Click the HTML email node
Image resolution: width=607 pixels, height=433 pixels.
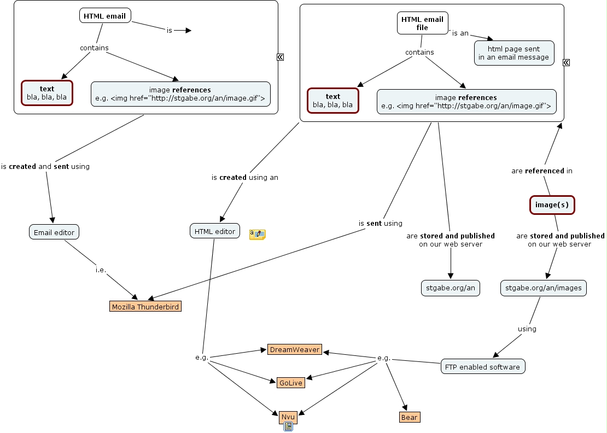click(105, 16)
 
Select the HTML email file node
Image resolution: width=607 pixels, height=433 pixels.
click(422, 23)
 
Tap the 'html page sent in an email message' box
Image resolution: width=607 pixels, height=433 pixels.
click(514, 53)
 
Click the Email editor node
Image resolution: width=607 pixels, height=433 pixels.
click(54, 232)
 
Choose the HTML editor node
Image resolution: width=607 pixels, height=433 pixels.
click(215, 231)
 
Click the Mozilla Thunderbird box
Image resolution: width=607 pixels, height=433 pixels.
click(145, 307)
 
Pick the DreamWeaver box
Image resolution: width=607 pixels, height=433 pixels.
click(294, 350)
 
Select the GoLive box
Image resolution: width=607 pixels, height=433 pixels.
click(290, 383)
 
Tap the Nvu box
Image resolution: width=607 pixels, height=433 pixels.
click(288, 417)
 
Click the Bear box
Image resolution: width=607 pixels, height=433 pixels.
click(409, 418)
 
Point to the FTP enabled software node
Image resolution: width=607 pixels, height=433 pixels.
click(483, 367)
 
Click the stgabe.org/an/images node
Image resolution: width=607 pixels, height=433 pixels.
click(543, 288)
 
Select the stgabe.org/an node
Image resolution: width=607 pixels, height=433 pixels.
click(450, 288)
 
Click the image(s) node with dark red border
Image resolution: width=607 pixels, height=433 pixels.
click(552, 205)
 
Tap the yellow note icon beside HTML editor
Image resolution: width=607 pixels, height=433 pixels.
click(257, 235)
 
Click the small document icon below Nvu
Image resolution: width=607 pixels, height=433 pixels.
click(288, 427)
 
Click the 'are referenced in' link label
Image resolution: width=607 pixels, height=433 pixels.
click(542, 171)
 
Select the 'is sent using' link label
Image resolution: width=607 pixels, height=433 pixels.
click(380, 223)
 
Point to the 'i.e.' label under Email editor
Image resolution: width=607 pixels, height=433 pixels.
click(101, 270)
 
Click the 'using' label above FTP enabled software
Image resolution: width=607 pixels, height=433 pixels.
click(527, 329)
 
